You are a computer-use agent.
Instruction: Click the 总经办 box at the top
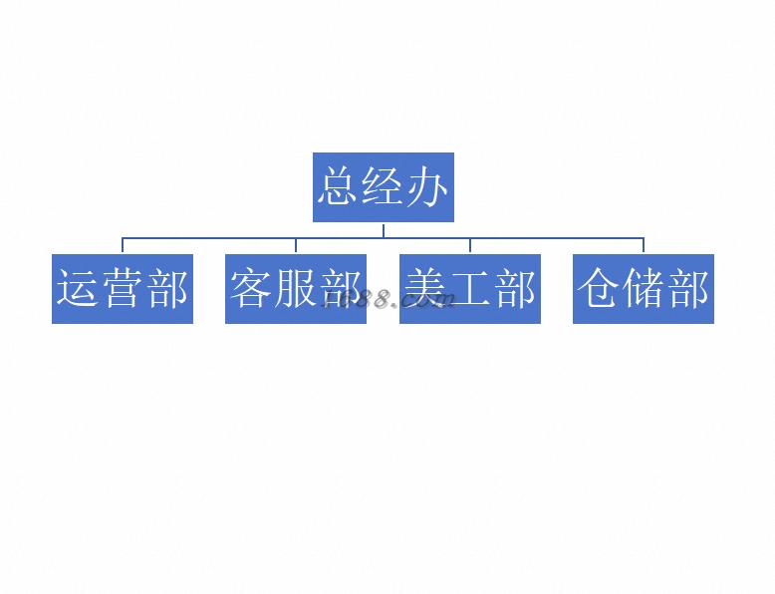pyautogui.click(x=383, y=187)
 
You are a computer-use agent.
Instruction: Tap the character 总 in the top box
pyautogui.click(x=338, y=187)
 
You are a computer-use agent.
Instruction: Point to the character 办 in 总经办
pyautogui.click(x=427, y=187)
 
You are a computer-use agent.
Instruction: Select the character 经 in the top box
pyautogui.click(x=383, y=187)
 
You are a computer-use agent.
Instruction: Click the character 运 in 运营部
pyautogui.click(x=78, y=289)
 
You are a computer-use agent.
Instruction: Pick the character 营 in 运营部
pyautogui.click(x=122, y=289)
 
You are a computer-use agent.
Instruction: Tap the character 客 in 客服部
pyautogui.click(x=251, y=289)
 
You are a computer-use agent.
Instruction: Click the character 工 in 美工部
pyautogui.click(x=470, y=289)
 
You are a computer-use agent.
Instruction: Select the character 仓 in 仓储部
pyautogui.click(x=599, y=289)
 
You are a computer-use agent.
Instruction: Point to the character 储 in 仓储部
pyautogui.click(x=643, y=289)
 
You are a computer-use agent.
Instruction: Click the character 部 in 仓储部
pyautogui.click(x=687, y=289)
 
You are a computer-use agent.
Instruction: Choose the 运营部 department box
pyautogui.click(x=122, y=289)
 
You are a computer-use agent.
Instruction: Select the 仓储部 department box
pyautogui.click(x=643, y=289)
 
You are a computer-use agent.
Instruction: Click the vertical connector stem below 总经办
pyautogui.click(x=384, y=230)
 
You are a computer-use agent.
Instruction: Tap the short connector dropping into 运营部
pyautogui.click(x=123, y=246)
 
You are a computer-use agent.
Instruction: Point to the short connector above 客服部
pyautogui.click(x=296, y=246)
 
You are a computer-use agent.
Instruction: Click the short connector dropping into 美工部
pyautogui.click(x=470, y=246)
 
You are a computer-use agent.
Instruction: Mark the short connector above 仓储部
pyautogui.click(x=644, y=246)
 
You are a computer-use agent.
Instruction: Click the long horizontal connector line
pyautogui.click(x=209, y=238)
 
